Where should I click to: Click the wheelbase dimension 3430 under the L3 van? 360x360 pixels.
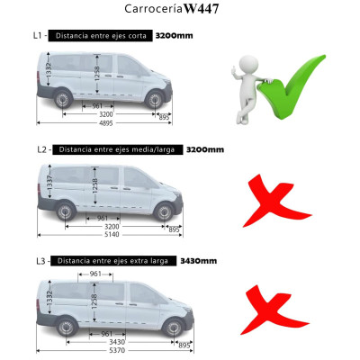pyautogui.click(x=106, y=341)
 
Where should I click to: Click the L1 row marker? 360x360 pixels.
pyautogui.click(x=38, y=37)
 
